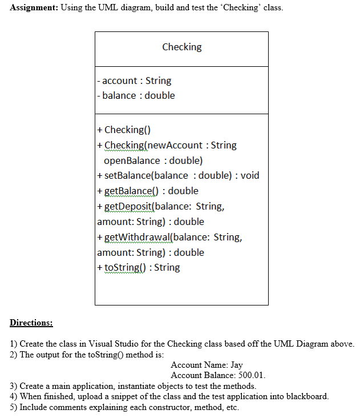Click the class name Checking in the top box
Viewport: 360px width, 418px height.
coord(181,47)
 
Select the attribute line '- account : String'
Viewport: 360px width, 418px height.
coord(135,81)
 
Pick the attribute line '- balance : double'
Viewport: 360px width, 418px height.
coord(136,95)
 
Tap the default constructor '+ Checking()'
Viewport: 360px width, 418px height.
coord(124,130)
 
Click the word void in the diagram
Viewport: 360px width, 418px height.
coord(249,175)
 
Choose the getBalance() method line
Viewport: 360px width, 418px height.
coord(148,191)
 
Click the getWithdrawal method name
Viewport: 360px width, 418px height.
coord(137,237)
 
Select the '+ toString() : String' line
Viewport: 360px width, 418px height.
coord(139,267)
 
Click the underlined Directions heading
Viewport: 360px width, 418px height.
coord(31,323)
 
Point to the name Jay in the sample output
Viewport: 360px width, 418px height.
coord(237,365)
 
